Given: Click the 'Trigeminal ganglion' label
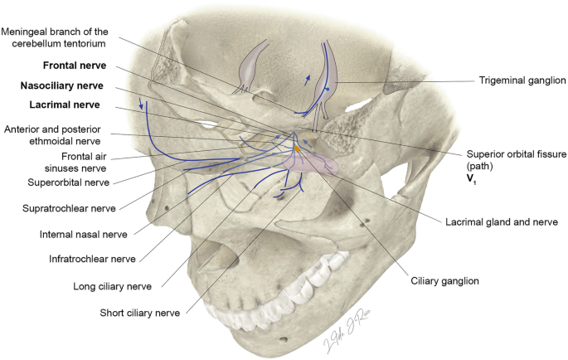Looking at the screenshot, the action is tap(522, 80).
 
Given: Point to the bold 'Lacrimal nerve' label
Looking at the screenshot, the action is tap(63, 105).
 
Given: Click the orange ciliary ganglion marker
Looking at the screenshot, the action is tap(299, 149).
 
